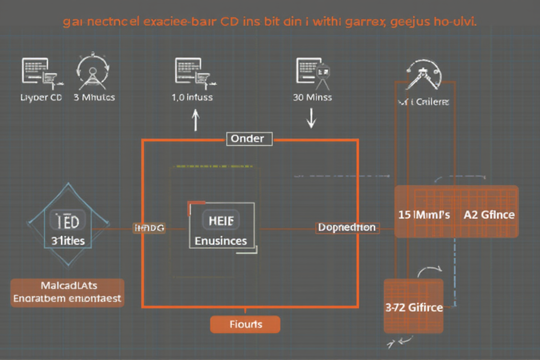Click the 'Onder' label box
pyautogui.click(x=248, y=139)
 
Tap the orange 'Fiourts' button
pyautogui.click(x=245, y=324)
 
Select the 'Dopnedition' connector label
pyautogui.click(x=346, y=228)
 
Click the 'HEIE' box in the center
pyautogui.click(x=221, y=220)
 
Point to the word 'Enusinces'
pyautogui.click(x=221, y=241)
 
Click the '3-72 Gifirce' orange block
pyautogui.click(x=414, y=308)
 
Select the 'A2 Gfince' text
pyautogui.click(x=489, y=215)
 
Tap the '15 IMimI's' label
pyautogui.click(x=424, y=215)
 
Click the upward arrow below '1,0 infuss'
pyautogui.click(x=195, y=120)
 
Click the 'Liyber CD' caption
pyautogui.click(x=41, y=97)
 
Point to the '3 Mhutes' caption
pyautogui.click(x=94, y=97)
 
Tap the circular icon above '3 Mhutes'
pyautogui.click(x=93, y=72)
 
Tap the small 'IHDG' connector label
pyautogui.click(x=149, y=228)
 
